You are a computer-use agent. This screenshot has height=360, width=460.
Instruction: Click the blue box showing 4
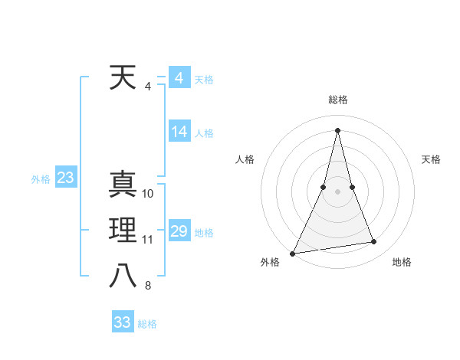click(179, 78)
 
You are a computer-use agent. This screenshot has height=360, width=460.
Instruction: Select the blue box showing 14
click(179, 132)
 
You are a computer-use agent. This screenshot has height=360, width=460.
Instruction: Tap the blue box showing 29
click(179, 231)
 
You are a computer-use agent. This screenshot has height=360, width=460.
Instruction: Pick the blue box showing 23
click(65, 178)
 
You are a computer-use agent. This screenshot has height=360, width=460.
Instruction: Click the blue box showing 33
click(122, 322)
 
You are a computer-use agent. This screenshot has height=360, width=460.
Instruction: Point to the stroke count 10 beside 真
click(148, 194)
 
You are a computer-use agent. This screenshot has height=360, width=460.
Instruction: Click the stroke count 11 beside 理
click(148, 240)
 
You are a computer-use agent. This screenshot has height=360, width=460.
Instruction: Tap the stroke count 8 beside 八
click(148, 286)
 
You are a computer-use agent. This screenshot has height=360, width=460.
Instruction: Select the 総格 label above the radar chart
click(337, 100)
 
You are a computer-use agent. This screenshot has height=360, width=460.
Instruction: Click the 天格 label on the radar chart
click(431, 159)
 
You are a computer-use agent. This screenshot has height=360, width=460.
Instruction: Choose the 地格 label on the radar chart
click(402, 262)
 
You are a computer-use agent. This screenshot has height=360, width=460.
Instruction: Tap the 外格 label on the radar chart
click(270, 262)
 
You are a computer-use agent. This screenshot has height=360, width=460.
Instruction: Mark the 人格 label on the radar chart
click(245, 159)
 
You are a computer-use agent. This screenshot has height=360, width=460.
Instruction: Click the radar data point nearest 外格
click(293, 253)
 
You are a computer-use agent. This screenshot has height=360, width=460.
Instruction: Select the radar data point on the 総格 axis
click(337, 130)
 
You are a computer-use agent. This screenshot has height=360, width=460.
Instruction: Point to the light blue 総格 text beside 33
click(147, 324)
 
